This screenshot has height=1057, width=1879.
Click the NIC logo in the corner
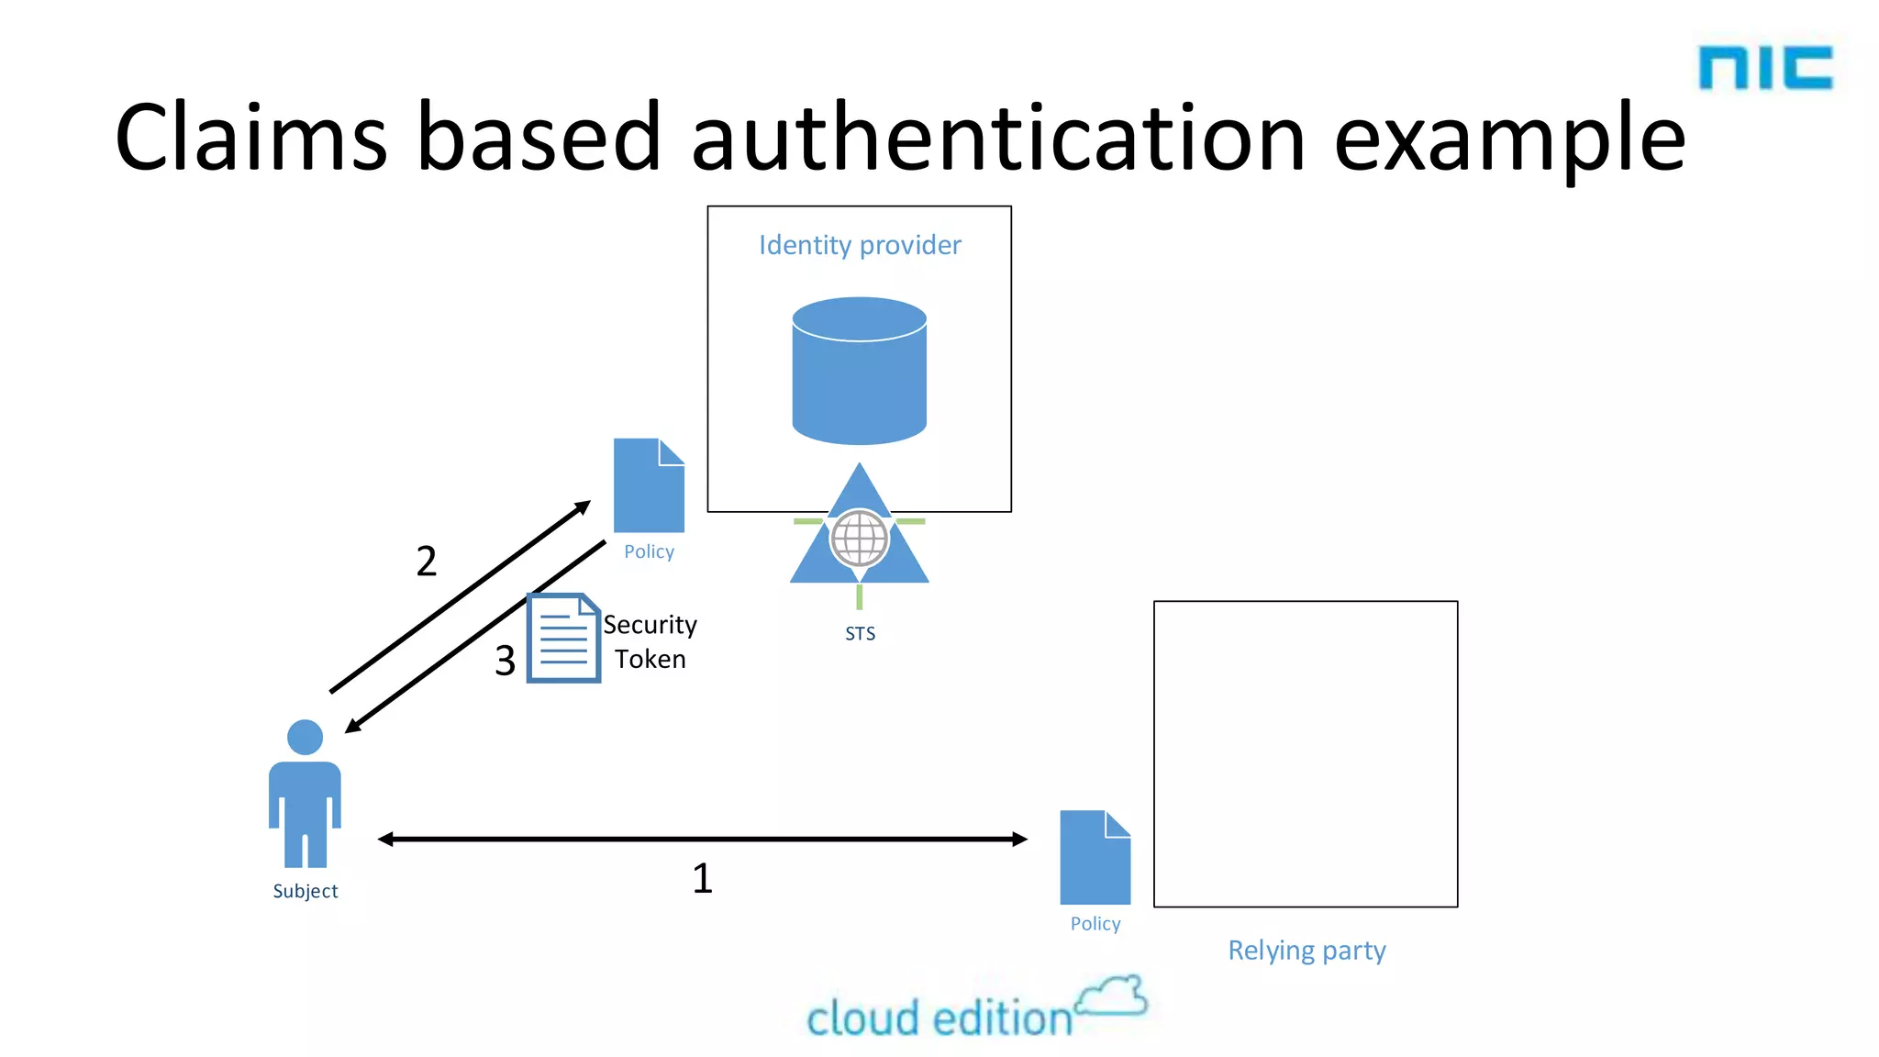1764,68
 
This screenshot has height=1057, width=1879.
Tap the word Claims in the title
250,138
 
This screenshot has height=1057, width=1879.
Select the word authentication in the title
997,138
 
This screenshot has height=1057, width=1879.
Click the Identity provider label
860,245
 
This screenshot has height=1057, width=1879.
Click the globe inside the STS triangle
860,539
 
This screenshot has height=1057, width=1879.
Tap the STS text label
860,633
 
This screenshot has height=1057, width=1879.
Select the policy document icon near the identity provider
649,485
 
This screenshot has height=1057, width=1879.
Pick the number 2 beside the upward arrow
427,562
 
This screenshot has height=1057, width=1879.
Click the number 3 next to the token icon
505,661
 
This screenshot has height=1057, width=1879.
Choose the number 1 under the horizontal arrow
702,878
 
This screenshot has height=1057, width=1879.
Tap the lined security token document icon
563,639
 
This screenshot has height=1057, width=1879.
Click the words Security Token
650,641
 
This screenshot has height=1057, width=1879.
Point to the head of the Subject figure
305,737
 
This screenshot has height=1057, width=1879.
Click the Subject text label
305,891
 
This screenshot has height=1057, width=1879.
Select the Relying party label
1306,951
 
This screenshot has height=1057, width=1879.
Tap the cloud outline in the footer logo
1112,997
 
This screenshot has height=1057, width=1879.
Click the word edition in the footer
1002,1018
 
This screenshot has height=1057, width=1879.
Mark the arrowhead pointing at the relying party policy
1019,839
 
